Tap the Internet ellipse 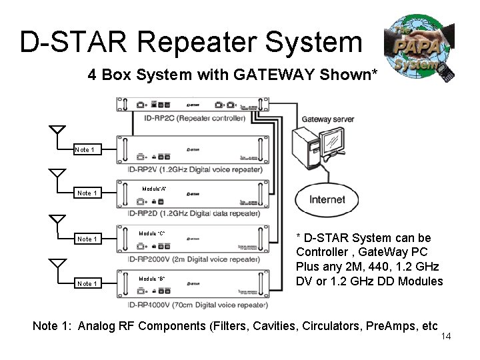pos(327,199)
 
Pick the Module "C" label pos(152,233)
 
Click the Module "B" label pos(152,279)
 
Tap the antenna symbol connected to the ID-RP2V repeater pos(57,132)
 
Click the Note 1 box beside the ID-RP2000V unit pos(87,239)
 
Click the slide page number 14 pos(446,336)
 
